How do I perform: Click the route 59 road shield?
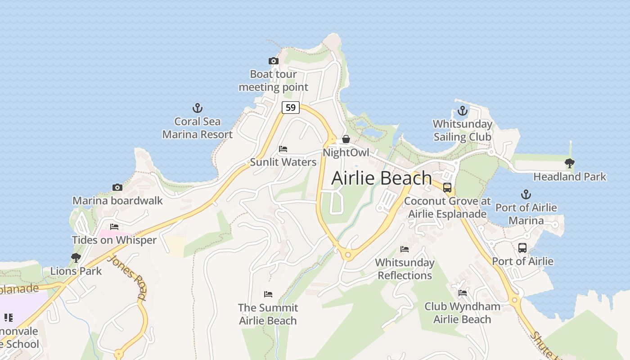291,108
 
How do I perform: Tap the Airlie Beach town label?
382,178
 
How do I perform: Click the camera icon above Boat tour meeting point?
273,61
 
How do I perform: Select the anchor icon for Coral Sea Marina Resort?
198,108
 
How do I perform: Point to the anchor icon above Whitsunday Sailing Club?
463,111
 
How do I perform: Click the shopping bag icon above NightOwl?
346,139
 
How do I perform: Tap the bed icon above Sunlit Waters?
283,149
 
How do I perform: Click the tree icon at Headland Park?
570,163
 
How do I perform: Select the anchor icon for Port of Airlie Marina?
526,194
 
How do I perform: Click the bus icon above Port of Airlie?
522,248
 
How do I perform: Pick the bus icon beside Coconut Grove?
447,188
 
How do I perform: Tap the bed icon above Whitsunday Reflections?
405,249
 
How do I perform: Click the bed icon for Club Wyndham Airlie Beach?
463,293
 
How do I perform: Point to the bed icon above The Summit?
268,295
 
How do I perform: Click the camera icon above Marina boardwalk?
117,187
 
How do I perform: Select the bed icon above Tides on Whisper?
114,227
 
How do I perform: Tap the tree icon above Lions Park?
76,258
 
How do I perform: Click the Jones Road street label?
128,277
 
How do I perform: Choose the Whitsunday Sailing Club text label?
462,130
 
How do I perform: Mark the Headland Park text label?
570,177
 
